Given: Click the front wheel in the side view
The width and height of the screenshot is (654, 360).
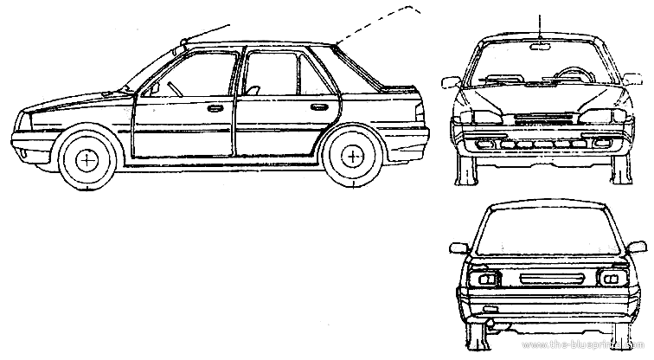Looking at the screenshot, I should (x=87, y=159).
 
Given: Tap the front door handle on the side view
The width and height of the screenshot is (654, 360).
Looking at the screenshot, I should (x=215, y=109).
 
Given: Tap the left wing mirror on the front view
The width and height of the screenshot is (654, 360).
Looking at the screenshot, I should (x=450, y=83).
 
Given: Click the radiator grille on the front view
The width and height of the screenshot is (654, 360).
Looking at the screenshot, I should (x=541, y=119).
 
